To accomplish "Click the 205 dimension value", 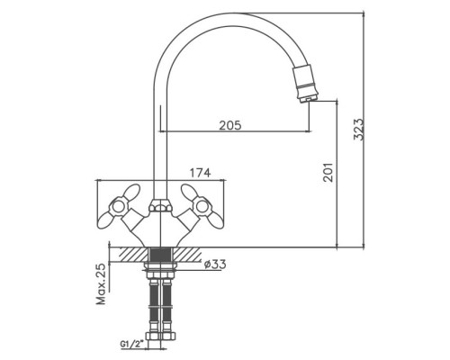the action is click(x=230, y=125).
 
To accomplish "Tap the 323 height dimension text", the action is click(x=358, y=130).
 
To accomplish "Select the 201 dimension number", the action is click(x=328, y=172).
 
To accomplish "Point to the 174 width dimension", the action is click(x=200, y=173).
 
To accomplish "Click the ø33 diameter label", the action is click(x=215, y=265).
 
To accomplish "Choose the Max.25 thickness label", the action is click(x=102, y=283).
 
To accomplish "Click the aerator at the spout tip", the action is click(x=304, y=84).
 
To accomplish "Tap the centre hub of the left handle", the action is click(x=117, y=206).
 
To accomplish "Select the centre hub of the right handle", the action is click(x=202, y=206).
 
